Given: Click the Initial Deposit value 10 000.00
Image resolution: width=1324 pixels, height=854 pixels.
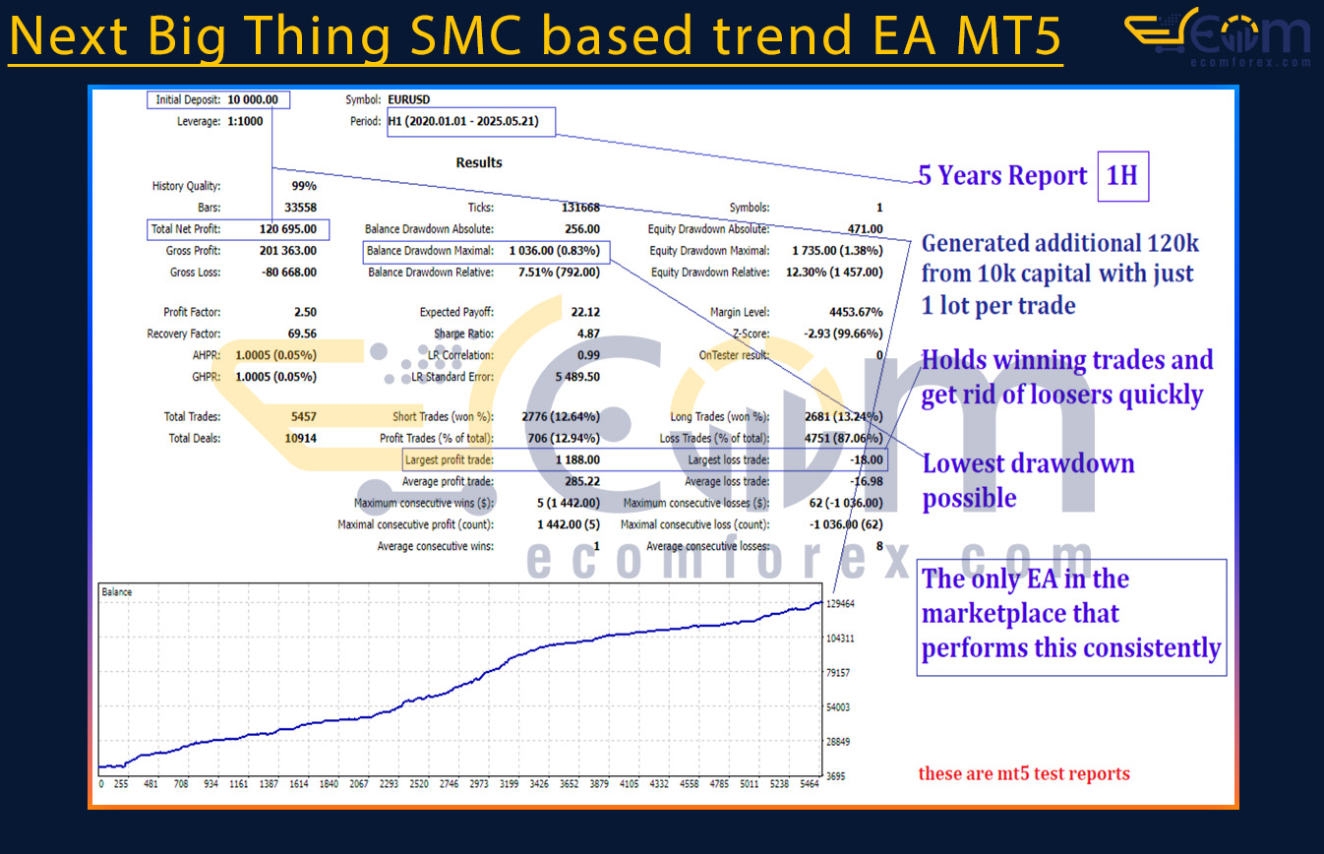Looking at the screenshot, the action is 253,100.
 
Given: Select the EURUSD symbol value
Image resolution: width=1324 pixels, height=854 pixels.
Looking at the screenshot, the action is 409,100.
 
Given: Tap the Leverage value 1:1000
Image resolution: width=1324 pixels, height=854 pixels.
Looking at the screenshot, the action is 245,121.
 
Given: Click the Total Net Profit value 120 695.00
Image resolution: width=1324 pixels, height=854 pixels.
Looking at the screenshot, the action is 288,229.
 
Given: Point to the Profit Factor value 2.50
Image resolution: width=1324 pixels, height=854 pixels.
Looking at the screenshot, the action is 305,312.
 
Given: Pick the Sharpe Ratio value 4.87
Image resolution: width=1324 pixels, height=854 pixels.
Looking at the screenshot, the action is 588,334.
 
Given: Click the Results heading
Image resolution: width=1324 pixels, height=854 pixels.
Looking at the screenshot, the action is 479,162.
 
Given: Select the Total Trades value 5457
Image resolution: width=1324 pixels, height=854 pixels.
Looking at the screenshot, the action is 304,416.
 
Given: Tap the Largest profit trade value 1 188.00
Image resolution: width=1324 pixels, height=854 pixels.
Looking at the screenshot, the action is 577,459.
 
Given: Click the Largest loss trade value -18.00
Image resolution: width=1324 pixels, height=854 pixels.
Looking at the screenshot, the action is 867,459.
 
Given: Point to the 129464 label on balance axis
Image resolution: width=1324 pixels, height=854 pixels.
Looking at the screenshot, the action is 840,603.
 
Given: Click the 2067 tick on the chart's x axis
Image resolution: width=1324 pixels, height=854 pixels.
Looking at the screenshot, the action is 359,784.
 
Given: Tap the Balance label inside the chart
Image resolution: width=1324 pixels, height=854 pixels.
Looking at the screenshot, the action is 116,591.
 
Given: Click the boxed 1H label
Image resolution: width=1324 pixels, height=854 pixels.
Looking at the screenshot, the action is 1123,176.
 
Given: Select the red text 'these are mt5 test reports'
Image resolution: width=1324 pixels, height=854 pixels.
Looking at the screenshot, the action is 1024,773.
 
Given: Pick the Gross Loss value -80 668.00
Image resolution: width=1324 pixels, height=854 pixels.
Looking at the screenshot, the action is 289,273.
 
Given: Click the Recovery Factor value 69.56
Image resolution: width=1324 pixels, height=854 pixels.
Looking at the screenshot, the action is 302,334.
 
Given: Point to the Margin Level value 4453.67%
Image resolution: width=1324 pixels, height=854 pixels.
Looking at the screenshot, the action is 856,312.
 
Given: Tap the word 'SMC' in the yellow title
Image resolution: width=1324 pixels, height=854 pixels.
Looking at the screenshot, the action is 466,35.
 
